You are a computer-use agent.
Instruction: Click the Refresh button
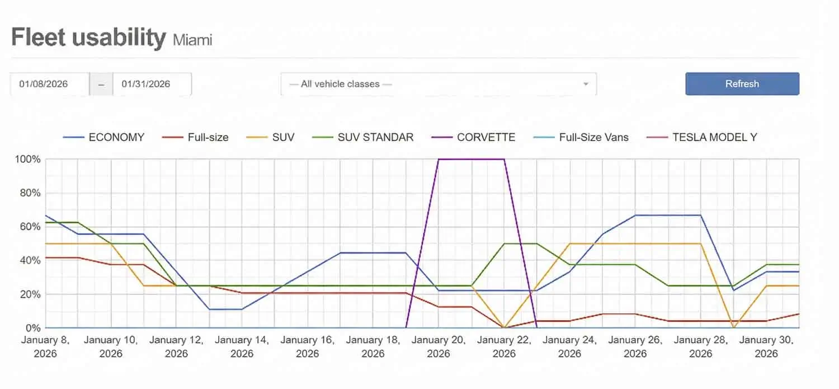742,84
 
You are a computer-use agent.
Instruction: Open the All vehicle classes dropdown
438,84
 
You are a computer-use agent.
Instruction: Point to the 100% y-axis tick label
28,159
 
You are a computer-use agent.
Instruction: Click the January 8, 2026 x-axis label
46,346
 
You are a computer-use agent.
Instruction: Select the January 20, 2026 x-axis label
439,346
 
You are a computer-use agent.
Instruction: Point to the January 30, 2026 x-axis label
766,346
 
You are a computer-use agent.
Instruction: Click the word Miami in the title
192,40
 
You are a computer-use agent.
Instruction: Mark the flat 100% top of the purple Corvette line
471,159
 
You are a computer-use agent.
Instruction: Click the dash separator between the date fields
101,84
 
